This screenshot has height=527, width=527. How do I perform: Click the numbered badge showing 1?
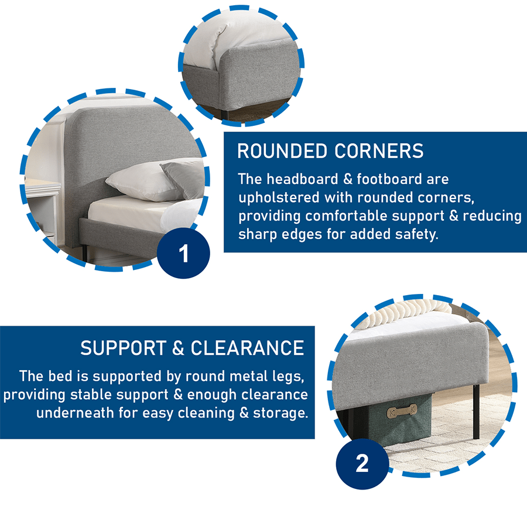(183, 253)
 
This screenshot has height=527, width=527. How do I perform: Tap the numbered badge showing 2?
(362, 464)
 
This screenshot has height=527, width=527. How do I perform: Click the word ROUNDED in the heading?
(282, 151)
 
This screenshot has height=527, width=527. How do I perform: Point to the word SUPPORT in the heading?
(123, 348)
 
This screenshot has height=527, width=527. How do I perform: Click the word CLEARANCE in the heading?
(247, 348)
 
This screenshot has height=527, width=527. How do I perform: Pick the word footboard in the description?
(389, 179)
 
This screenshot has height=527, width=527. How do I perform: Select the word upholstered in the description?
(279, 197)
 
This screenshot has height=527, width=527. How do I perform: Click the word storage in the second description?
(280, 413)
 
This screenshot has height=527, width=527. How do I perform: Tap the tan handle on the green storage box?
(402, 412)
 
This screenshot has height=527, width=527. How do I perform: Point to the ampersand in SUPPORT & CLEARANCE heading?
(178, 348)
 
